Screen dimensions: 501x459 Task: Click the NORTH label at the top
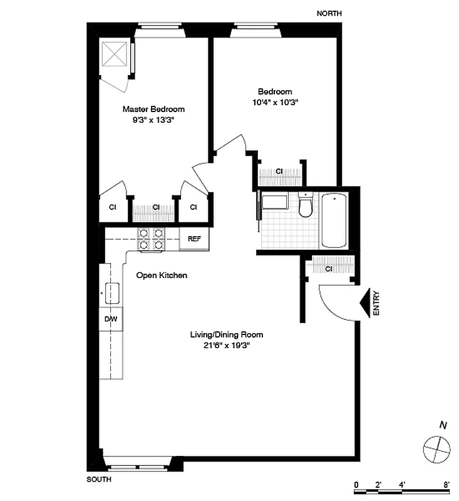[x=331, y=13]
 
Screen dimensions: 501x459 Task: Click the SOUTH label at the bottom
[x=99, y=480]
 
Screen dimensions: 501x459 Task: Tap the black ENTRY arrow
[x=365, y=304]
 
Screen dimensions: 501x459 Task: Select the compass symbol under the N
[x=437, y=448]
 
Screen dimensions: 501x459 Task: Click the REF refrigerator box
[x=194, y=239]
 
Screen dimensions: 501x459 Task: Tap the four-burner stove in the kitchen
[x=151, y=239]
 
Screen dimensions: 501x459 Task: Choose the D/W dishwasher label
[x=111, y=319]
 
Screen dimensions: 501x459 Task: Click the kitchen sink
[x=113, y=292]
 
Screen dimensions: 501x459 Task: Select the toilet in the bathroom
[x=306, y=206]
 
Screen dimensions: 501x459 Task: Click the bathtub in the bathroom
[x=333, y=220]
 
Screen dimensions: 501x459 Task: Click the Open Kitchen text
[x=162, y=276]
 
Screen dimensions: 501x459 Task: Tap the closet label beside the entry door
[x=329, y=269]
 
